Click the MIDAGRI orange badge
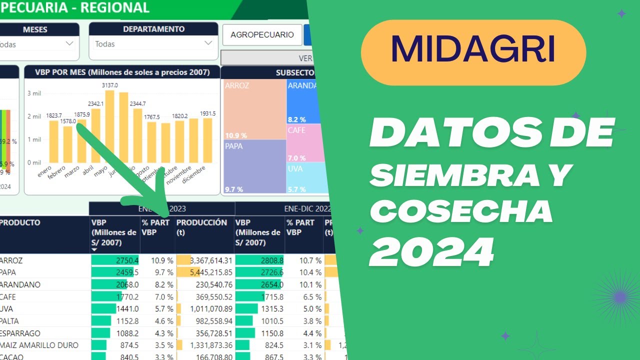click(x=473, y=52)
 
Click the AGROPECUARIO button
click(x=262, y=34)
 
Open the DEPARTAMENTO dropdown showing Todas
click(x=153, y=44)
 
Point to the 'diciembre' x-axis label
click(x=194, y=175)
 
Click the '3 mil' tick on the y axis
click(x=34, y=93)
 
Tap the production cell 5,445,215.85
click(x=204, y=272)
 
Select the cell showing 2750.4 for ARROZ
click(x=115, y=260)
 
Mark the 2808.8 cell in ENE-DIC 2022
click(x=259, y=260)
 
